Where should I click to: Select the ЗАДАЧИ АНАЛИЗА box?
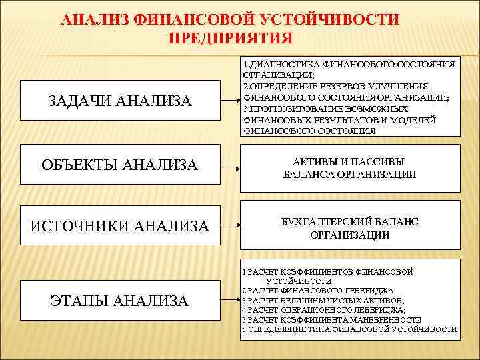point(120,101)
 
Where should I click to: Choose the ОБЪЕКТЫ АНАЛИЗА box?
point(120,164)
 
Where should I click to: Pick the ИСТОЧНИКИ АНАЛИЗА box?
point(120,227)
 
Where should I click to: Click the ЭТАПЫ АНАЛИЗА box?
point(120,301)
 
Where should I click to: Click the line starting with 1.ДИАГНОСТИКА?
point(347,65)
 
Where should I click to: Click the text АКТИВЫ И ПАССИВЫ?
point(349,161)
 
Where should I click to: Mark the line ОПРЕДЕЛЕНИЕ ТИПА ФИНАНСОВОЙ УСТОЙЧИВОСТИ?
point(349,329)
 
